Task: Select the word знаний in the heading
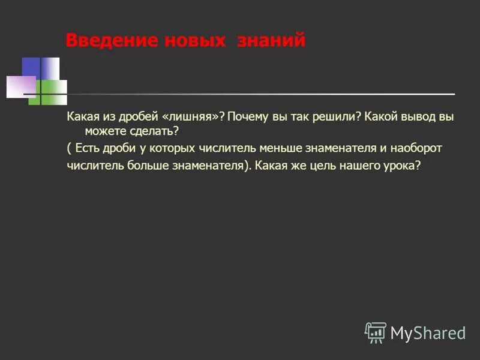(272, 41)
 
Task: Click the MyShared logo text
(428, 332)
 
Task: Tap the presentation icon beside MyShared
(376, 332)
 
